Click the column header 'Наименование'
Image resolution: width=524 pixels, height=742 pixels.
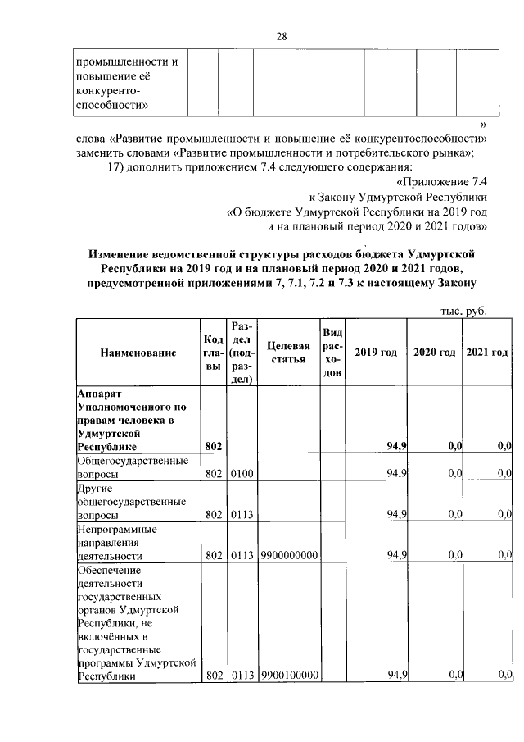(x=138, y=353)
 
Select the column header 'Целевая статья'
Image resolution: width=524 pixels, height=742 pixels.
(x=287, y=353)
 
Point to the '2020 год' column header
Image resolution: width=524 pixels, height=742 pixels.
(x=434, y=353)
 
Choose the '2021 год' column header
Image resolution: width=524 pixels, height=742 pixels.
(x=487, y=353)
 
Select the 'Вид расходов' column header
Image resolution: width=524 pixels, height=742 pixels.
(x=332, y=353)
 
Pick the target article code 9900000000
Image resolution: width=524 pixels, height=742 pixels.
(x=288, y=555)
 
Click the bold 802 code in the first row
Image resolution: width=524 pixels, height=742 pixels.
(x=212, y=445)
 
